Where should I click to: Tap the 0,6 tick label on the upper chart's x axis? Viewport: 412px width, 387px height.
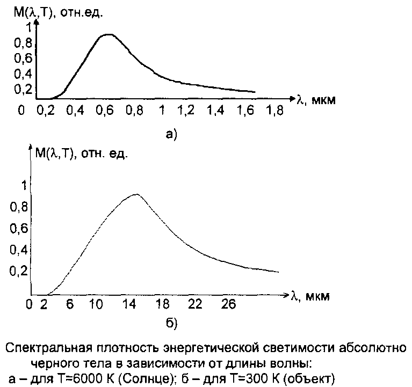coord(105,111)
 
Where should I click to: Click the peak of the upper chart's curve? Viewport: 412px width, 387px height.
coord(109,34)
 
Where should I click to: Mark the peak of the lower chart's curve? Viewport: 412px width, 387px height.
coord(136,194)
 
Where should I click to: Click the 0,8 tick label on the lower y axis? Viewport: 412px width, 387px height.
coord(19,206)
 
